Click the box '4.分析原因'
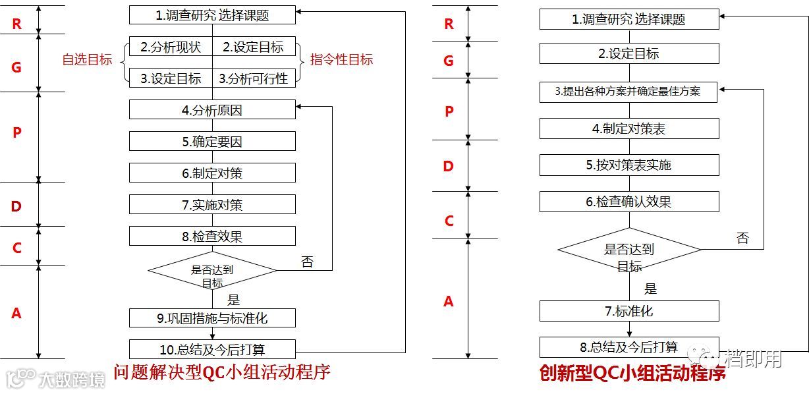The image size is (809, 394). coord(212,110)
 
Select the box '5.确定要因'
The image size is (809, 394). coord(212,141)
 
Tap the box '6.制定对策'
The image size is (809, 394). coord(212,173)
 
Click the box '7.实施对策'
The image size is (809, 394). coord(212,204)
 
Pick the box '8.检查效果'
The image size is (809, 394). coord(212,236)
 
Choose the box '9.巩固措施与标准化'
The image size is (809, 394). coord(212,318)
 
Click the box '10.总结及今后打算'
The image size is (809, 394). coord(212,349)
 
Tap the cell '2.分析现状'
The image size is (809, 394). coord(171,47)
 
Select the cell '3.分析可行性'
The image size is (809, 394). coord(254,78)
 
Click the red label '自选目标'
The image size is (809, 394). coord(87,60)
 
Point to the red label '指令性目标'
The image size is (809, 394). coord(341,60)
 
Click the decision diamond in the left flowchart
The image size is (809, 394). coord(212,271)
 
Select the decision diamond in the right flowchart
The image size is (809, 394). coord(629,250)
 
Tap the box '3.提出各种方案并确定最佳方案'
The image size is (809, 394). coord(629,92)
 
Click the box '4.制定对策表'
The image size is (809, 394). coord(629,128)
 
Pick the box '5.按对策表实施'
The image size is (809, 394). coord(629,165)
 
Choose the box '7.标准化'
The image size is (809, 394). coord(629,311)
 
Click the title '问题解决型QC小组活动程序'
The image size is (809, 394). coord(221,373)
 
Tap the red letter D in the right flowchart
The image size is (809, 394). coord(449,166)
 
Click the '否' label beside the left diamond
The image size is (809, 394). coord(307,262)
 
